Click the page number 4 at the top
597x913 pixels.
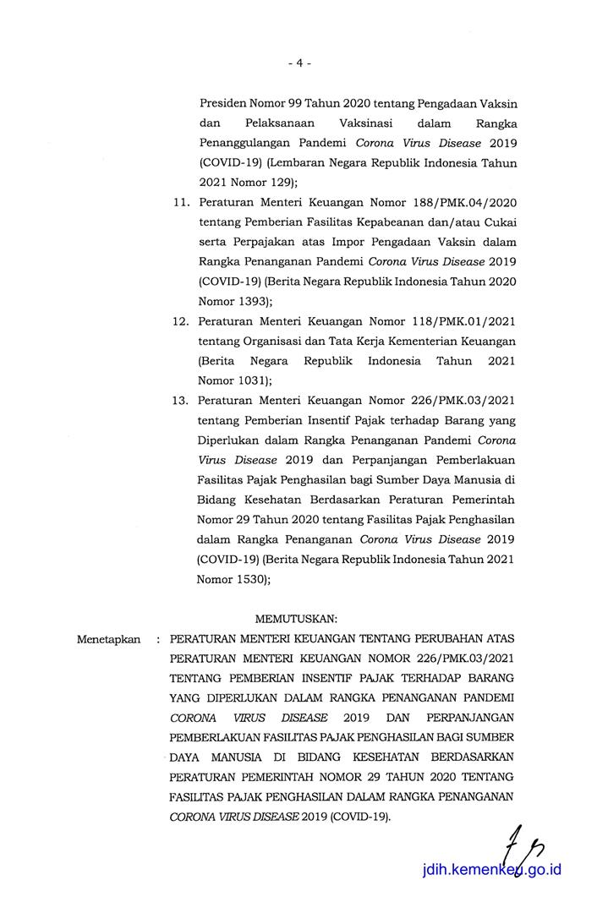(x=299, y=63)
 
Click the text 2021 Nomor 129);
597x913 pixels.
(x=246, y=181)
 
